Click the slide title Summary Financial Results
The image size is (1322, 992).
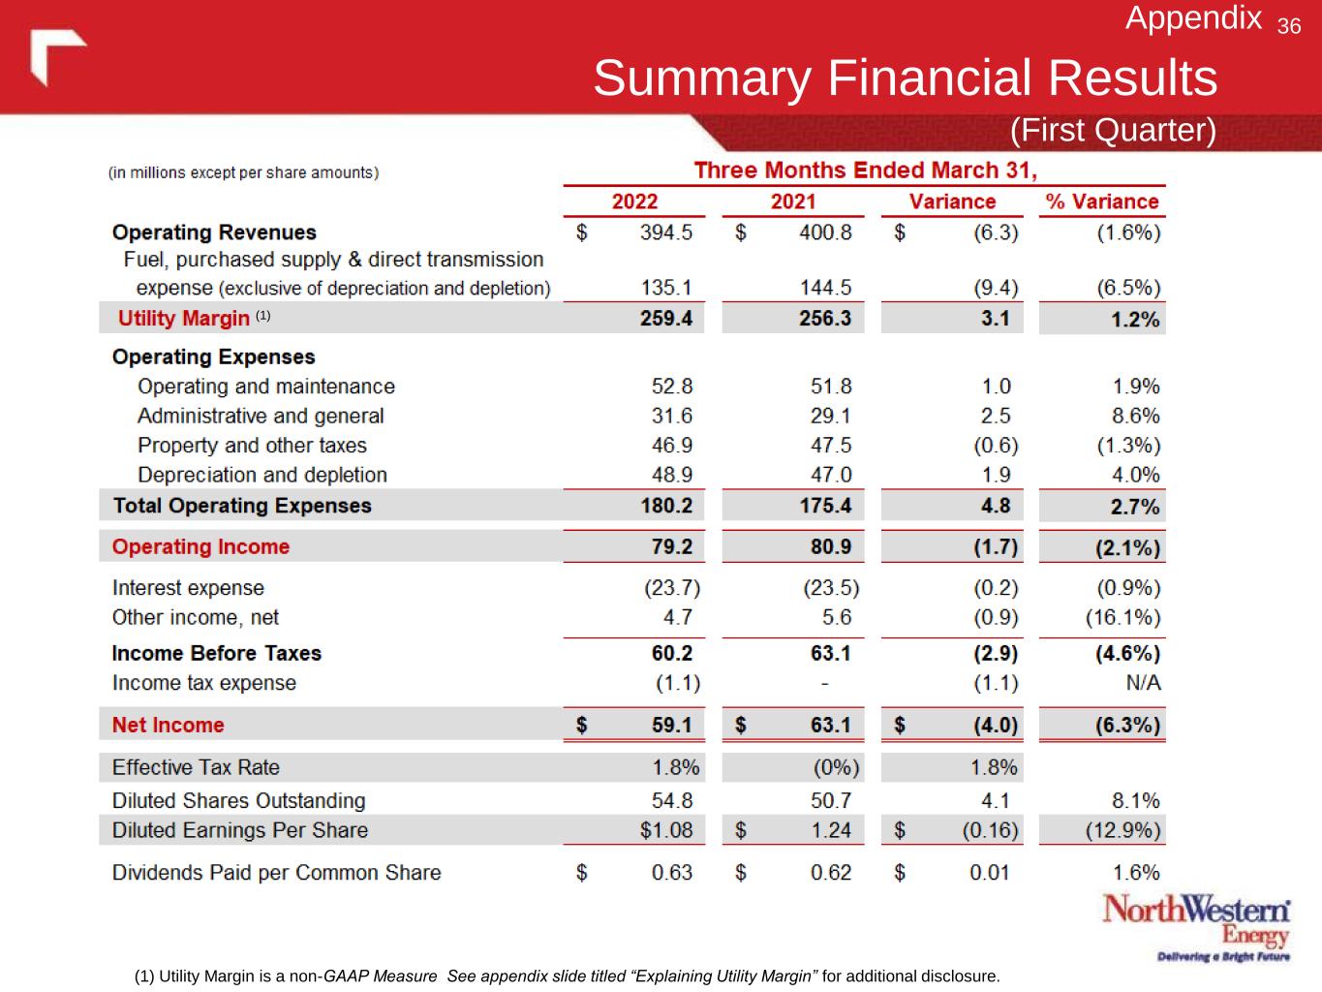coord(905,77)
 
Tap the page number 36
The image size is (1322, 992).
coord(1289,26)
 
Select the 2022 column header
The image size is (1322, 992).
coord(634,201)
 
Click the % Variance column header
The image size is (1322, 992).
coord(1102,201)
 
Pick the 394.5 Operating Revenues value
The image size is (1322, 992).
coord(666,232)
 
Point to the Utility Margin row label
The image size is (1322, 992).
coord(184,319)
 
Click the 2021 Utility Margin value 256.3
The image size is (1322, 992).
coord(825,319)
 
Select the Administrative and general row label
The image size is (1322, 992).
coord(261,416)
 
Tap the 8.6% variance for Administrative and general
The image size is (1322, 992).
coord(1136,416)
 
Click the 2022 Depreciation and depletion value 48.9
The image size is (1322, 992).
coord(671,475)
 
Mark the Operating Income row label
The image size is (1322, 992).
coord(200,546)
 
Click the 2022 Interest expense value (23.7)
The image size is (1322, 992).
coord(672,588)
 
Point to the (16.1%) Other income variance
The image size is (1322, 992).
coord(1122,617)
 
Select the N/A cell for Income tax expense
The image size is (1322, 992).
coord(1143,683)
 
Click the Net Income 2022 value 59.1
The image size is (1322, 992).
coord(671,725)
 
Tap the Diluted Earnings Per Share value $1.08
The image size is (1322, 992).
coord(666,830)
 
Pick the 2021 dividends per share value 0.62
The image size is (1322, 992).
coord(831,873)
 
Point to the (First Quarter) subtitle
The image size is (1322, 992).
coord(1113,130)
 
